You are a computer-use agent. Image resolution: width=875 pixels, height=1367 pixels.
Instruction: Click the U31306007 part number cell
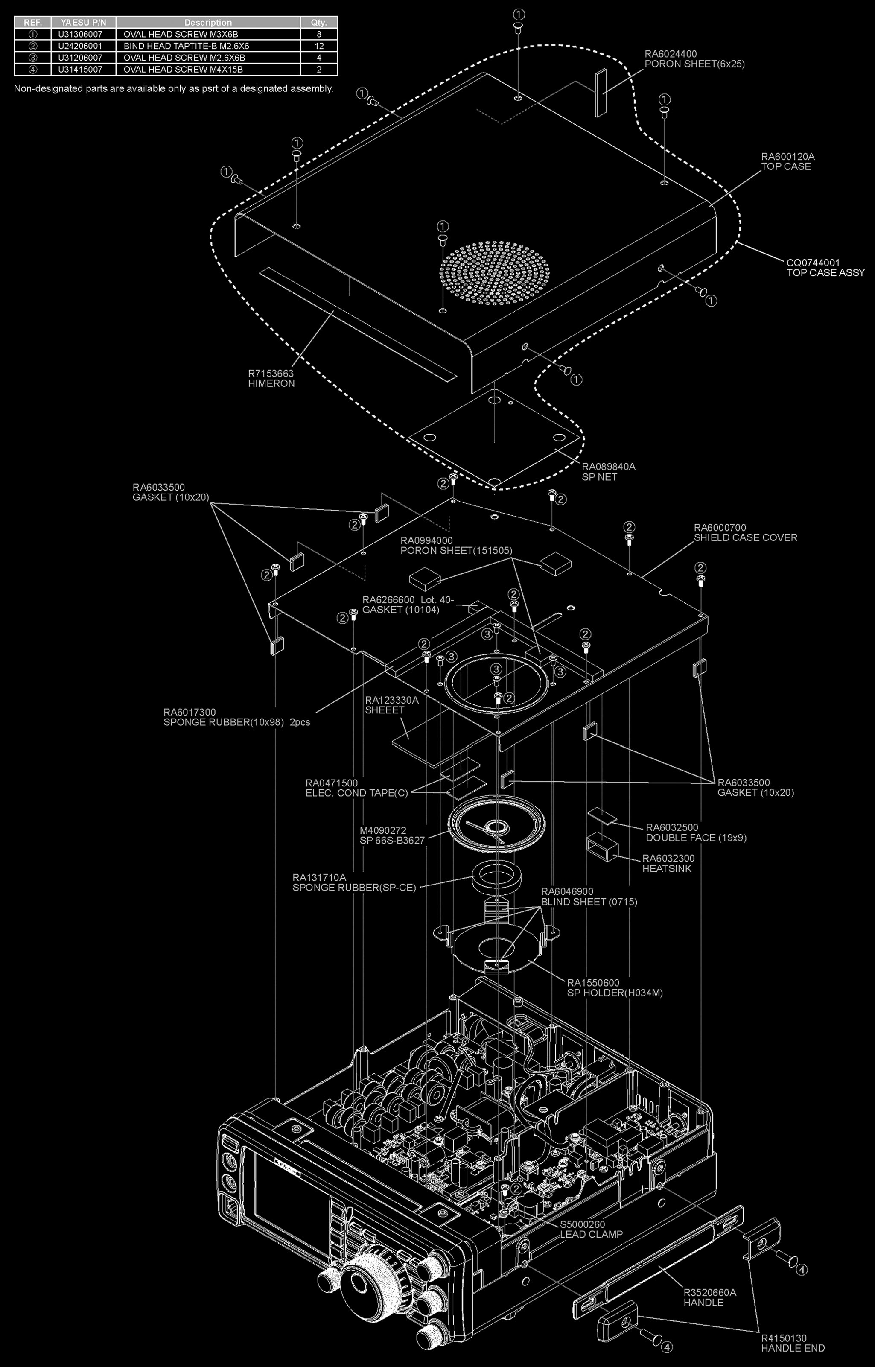(x=81, y=34)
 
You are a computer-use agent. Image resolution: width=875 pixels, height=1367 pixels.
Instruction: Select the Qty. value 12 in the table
(x=319, y=46)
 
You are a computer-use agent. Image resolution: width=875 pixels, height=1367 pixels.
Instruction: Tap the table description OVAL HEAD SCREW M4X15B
(x=183, y=69)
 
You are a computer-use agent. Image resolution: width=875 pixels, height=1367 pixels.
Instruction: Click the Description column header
(x=208, y=22)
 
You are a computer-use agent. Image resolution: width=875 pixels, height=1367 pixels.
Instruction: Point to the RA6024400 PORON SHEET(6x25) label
(x=694, y=59)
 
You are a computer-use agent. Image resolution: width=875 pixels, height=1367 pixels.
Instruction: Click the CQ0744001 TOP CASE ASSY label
(x=825, y=268)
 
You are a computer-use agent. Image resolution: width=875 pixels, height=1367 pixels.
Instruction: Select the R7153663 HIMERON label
(x=271, y=378)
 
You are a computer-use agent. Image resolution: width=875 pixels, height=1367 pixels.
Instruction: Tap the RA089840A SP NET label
(x=608, y=472)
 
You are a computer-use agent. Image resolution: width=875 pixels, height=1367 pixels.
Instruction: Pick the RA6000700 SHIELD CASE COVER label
(x=745, y=532)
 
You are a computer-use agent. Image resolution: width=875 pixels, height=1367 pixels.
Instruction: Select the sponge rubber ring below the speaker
(x=496, y=878)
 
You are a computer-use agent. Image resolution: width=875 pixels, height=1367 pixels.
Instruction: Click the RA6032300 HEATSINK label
(x=668, y=863)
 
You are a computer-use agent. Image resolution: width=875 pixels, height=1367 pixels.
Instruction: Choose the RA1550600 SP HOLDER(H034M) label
(x=614, y=987)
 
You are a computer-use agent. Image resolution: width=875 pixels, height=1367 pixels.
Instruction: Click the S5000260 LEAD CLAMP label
(x=591, y=1230)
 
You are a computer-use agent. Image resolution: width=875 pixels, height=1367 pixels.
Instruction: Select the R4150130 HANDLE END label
(x=793, y=1343)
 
